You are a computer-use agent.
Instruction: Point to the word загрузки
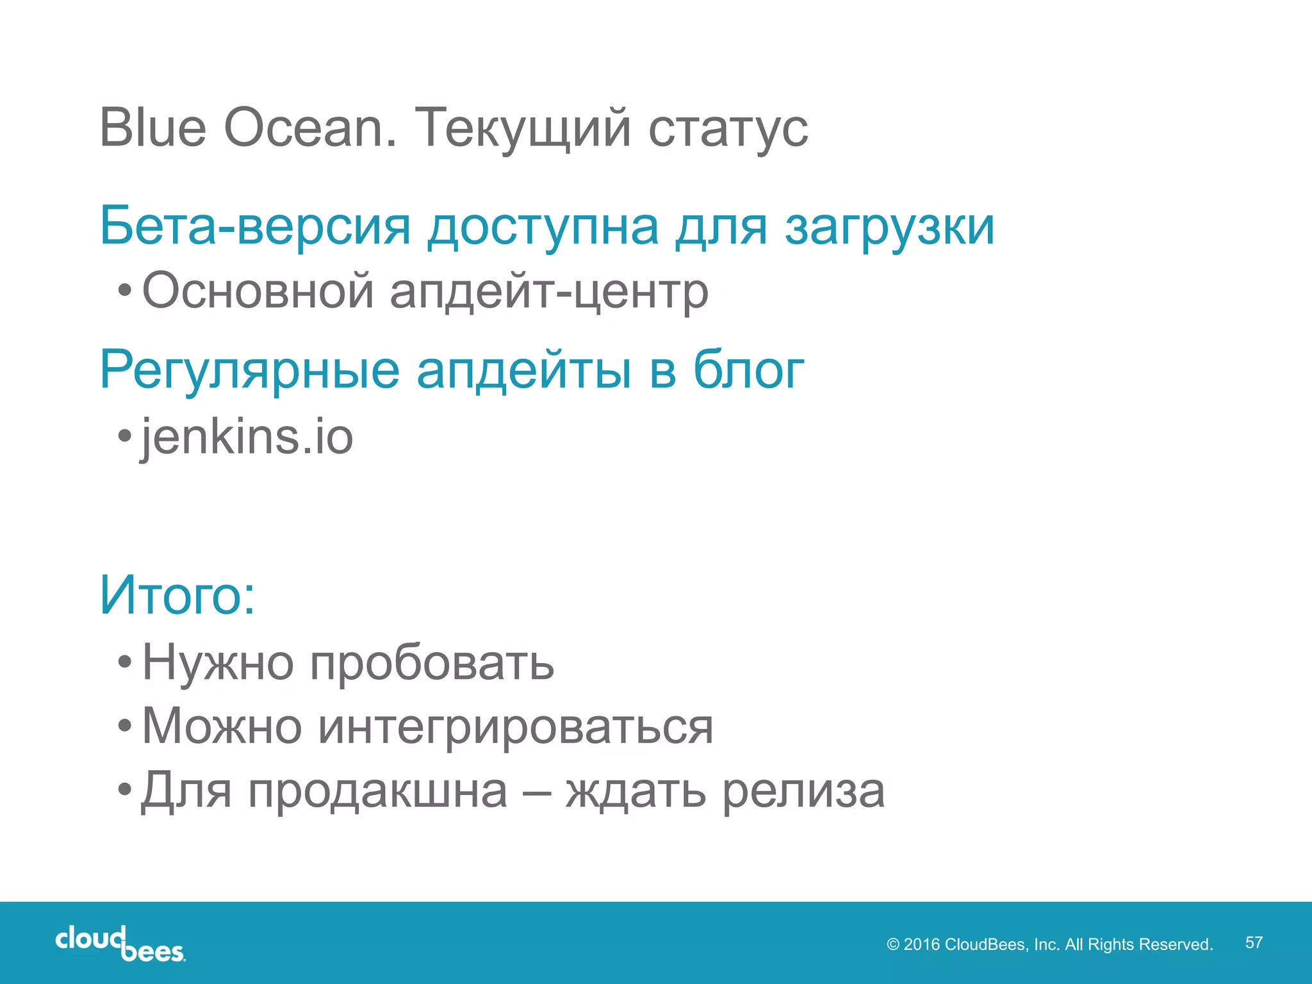coord(890,228)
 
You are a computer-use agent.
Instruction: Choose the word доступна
coord(543,228)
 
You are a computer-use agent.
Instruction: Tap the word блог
coord(748,370)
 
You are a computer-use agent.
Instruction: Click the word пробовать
coord(432,662)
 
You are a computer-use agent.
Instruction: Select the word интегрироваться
coord(515,727)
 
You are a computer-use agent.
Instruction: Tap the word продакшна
coord(378,792)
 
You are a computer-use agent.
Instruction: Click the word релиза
coord(803,792)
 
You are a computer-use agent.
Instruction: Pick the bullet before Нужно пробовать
coord(125,661)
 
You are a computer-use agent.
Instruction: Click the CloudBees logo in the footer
coord(120,943)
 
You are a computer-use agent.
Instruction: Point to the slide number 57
coord(1254,942)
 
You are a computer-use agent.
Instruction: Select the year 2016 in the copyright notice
coord(921,944)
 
